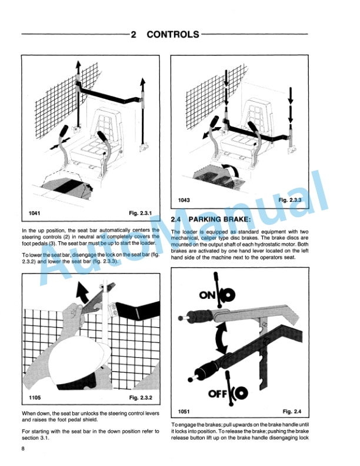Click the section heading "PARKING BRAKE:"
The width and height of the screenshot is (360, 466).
(221, 220)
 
